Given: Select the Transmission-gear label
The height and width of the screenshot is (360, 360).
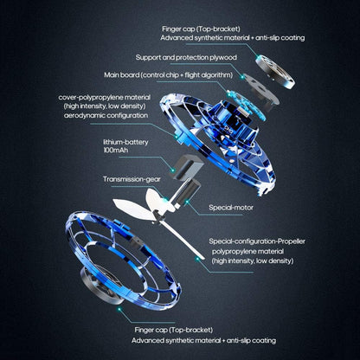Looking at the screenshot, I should tap(132, 179).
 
